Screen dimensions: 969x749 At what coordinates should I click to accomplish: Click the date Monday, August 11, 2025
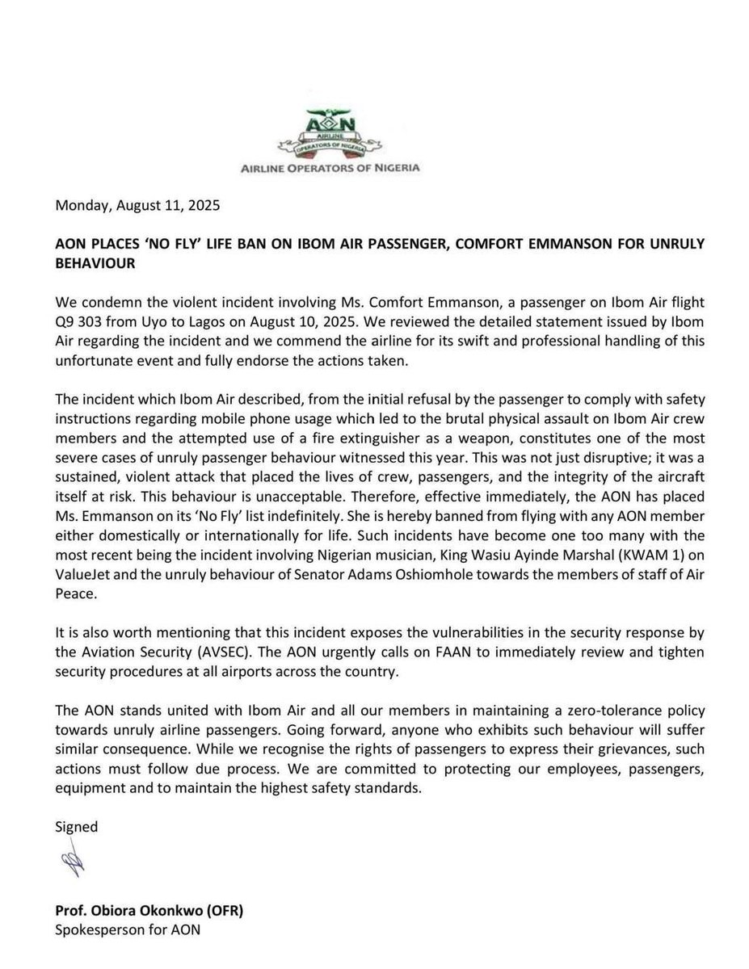[x=137, y=205]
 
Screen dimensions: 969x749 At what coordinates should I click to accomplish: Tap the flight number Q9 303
[x=86, y=323]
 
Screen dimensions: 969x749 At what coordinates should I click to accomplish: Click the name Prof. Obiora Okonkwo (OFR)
[x=149, y=911]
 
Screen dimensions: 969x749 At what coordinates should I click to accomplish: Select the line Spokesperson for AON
[x=127, y=929]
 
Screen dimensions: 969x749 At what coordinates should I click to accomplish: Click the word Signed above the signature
[x=76, y=827]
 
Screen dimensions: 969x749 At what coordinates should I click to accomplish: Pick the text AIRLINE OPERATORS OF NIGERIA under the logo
[x=347, y=169]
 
